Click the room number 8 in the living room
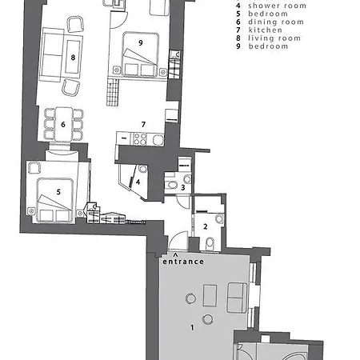click(x=73, y=58)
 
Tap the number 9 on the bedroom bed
click(x=141, y=42)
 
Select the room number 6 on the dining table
click(x=63, y=125)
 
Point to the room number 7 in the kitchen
click(x=143, y=124)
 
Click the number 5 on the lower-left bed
click(x=58, y=192)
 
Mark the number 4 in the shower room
click(x=138, y=182)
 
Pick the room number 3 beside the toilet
click(x=183, y=187)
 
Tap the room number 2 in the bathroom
click(x=206, y=226)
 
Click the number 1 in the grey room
click(x=192, y=327)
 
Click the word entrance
click(x=183, y=262)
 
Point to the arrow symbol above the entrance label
click(x=175, y=254)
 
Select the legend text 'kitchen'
click(x=266, y=30)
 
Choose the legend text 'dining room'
click(x=276, y=22)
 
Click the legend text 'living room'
click(x=274, y=38)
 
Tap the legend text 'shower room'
click(x=278, y=6)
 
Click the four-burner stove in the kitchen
click(x=140, y=139)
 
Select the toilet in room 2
click(x=210, y=243)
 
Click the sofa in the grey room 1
click(x=237, y=298)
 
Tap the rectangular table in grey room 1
click(x=210, y=295)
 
